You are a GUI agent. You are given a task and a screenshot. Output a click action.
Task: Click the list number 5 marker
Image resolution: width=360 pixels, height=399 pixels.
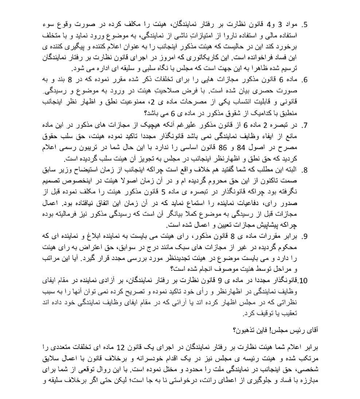305,25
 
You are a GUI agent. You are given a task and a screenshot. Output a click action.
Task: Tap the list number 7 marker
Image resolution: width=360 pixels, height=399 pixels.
305,125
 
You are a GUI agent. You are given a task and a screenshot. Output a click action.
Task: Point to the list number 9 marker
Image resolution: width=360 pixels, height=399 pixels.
305,237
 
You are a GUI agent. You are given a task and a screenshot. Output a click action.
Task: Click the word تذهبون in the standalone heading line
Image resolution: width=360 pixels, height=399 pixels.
245,331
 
